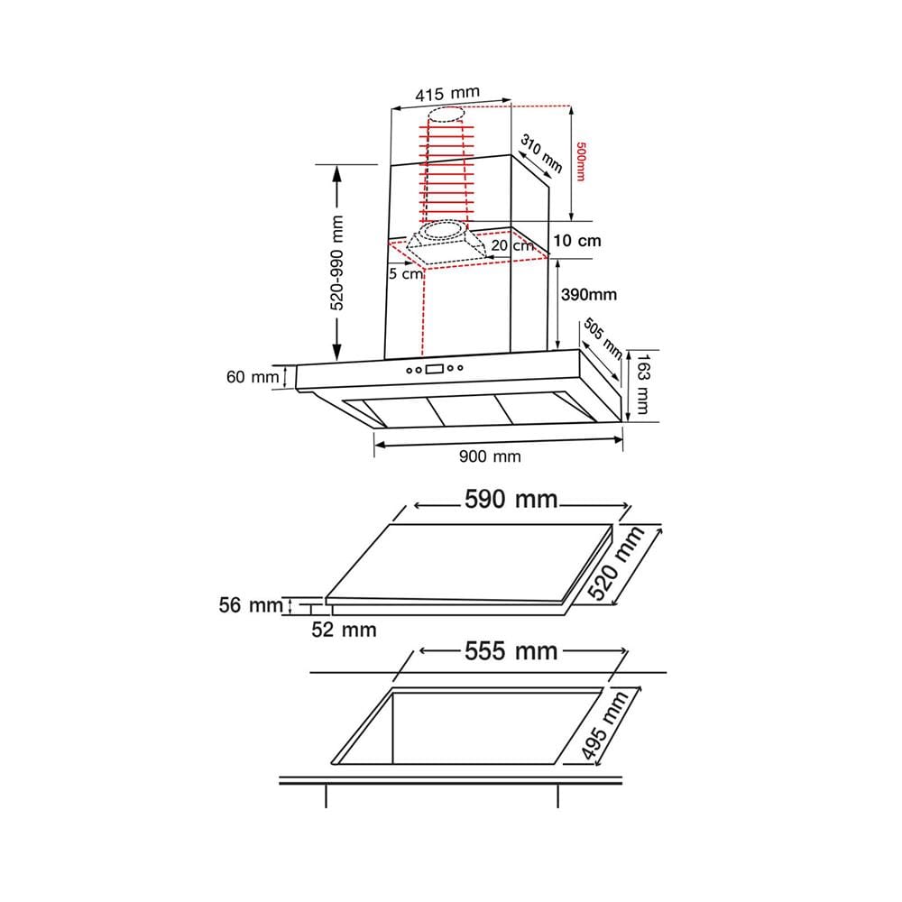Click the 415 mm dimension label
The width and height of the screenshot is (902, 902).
447,94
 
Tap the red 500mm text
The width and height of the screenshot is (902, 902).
580,161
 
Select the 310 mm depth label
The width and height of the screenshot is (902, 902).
541,153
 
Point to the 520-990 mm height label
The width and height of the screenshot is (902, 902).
336,262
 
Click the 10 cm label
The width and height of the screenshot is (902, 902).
577,241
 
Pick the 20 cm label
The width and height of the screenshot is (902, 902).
512,245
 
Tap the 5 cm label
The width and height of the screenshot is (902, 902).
406,274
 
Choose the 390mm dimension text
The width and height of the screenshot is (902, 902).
589,295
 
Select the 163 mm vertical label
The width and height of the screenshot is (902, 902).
642,383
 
